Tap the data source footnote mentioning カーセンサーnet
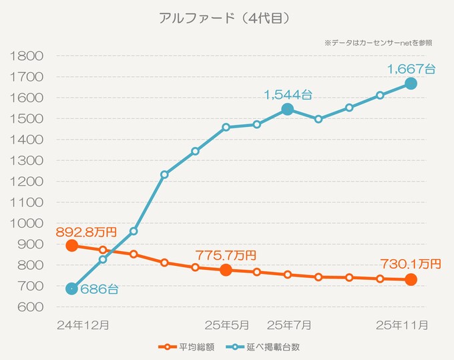coord(379,43)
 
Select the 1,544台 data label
coord(288,95)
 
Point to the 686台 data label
coord(99,289)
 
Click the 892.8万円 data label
coord(86,232)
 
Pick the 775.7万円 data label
coord(225,255)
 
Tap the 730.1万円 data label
coord(411,264)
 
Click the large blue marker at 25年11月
coord(411,83)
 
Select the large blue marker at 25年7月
coord(287,109)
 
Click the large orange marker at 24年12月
coord(71,245)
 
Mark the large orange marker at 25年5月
coord(226,270)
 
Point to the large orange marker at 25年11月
coord(411,280)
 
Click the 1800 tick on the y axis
coord(27,56)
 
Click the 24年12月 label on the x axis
coord(83,325)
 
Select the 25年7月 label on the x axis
coord(289,325)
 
